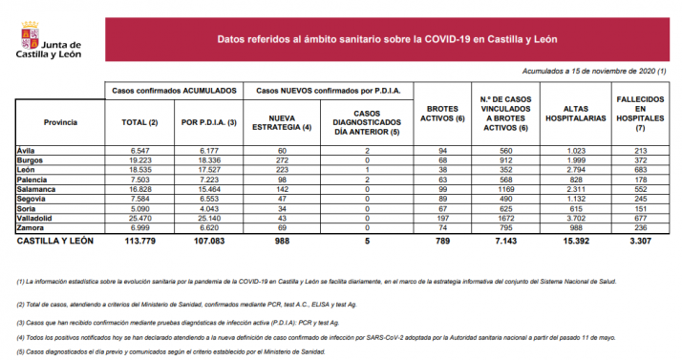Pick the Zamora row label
(x=32, y=227)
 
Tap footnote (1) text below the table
(x=315, y=284)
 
